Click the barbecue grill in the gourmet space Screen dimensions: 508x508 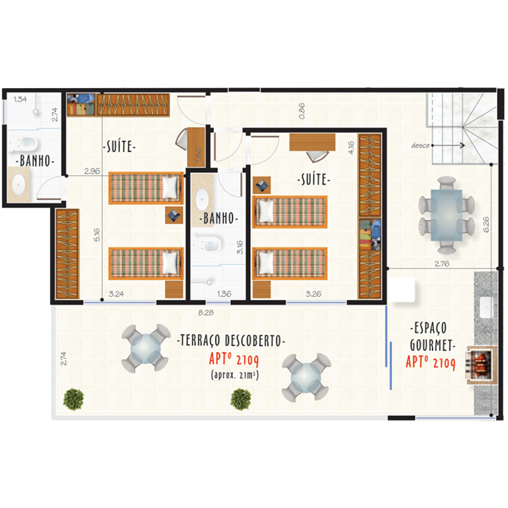[481, 365]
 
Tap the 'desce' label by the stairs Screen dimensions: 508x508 [420, 146]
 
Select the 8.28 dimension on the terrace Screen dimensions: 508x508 [206, 313]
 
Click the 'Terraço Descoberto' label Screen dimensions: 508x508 [231, 340]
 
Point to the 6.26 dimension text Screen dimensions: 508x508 [486, 224]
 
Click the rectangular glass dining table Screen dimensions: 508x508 [446, 215]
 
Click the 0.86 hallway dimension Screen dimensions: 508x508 [302, 110]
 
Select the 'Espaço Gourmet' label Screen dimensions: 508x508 [431, 337]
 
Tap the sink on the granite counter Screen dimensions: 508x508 [486, 307]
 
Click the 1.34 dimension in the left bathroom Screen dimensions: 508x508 [20, 99]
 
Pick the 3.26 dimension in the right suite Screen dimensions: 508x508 [313, 294]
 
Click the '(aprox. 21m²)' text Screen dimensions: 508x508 [234, 375]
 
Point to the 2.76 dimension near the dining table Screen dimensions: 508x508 [441, 264]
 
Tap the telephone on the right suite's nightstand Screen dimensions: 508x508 [262, 185]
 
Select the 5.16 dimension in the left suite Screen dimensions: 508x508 [97, 235]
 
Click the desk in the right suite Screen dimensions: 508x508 [312, 142]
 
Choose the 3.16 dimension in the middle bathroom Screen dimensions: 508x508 [240, 247]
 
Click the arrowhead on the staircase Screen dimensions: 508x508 [463, 145]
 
